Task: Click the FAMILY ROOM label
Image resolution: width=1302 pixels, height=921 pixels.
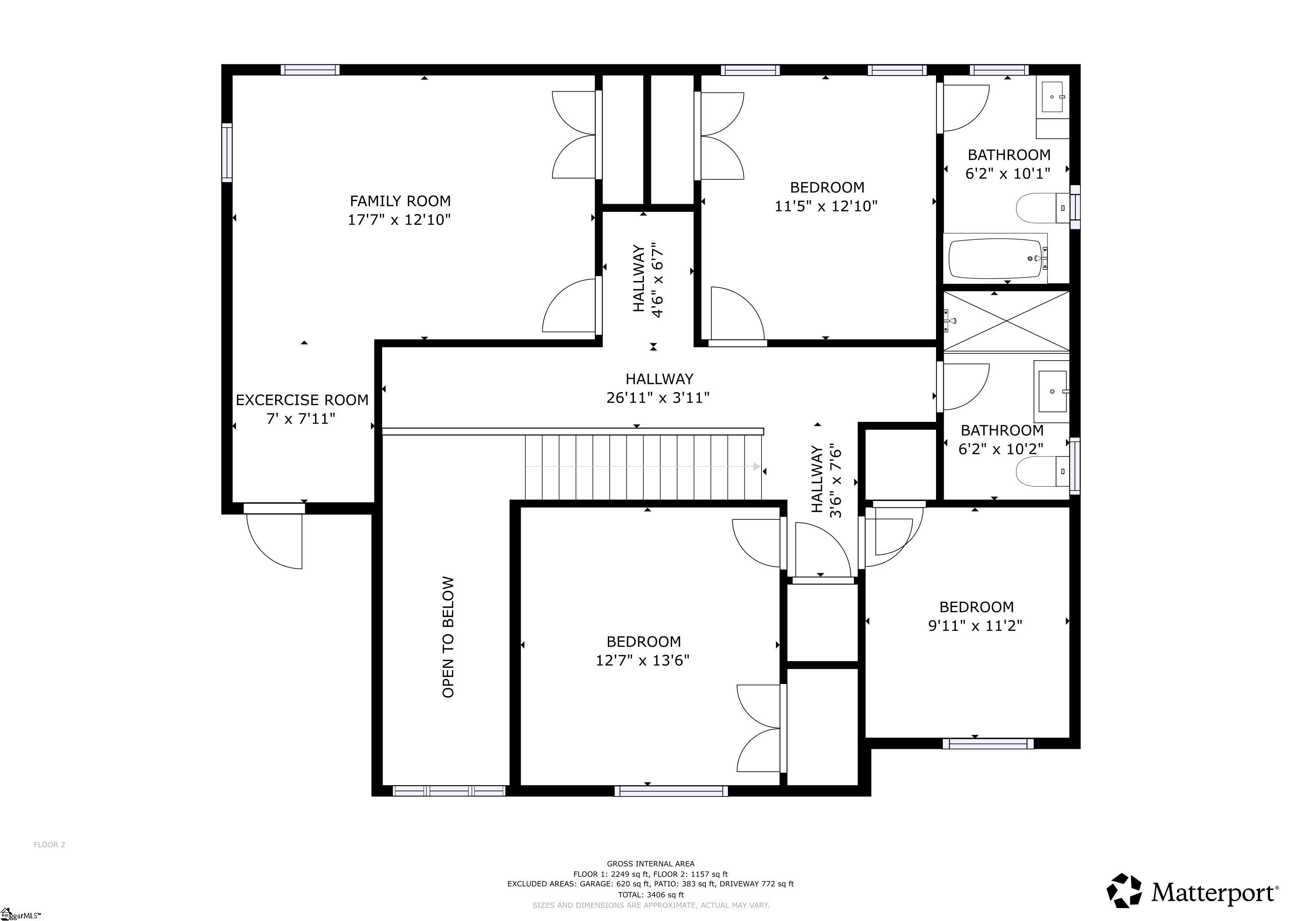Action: (400, 201)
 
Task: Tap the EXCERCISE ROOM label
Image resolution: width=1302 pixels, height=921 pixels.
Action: (302, 400)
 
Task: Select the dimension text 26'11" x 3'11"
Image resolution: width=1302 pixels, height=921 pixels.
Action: (658, 398)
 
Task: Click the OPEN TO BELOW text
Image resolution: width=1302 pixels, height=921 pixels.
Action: (448, 637)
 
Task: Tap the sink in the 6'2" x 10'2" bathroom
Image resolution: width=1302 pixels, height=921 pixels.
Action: (1052, 391)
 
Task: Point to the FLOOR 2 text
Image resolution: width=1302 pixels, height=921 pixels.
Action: (49, 845)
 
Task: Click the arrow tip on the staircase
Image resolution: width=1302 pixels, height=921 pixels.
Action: (757, 467)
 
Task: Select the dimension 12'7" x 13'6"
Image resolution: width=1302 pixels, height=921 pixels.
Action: (642, 660)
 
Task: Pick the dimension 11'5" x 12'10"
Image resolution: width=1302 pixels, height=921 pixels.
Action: (826, 206)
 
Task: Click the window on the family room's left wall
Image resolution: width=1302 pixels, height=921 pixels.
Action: (227, 152)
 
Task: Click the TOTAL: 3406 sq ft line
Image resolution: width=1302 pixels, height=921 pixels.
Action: (651, 895)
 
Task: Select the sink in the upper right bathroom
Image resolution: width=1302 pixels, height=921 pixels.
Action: (1052, 98)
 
